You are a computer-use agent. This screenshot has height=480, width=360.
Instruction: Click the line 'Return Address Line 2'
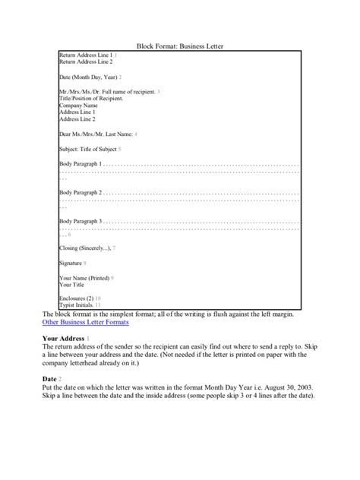click(85, 62)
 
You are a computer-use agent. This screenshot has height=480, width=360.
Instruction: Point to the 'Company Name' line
click(78, 106)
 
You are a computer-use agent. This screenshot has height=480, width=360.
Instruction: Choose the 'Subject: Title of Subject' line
click(87, 149)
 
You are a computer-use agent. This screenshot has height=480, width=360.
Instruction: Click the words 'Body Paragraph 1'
click(79, 163)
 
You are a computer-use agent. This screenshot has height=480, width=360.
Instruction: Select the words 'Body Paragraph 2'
click(79, 192)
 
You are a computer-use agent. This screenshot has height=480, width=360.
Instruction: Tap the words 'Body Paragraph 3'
click(79, 221)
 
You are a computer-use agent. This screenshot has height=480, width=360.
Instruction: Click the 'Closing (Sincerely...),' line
click(84, 248)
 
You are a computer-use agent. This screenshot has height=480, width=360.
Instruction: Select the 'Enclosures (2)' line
click(76, 298)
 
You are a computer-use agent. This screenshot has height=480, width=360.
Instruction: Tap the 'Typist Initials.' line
click(77, 305)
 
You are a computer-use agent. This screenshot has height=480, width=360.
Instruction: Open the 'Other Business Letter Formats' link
click(85, 322)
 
